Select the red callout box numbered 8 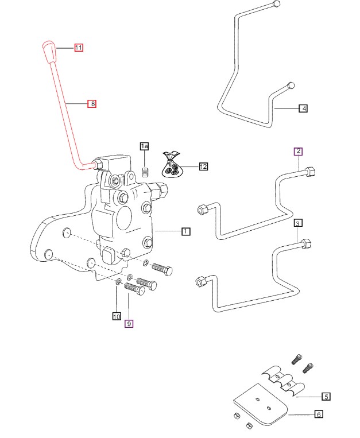click(91, 104)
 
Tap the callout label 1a click(145, 147)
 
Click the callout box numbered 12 click(203, 166)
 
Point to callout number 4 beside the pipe click(303, 107)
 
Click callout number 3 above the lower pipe click(297, 223)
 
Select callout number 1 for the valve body click(185, 231)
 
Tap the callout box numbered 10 click(117, 316)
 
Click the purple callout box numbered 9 click(129, 324)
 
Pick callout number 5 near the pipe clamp click(326, 396)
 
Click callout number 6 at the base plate click(319, 414)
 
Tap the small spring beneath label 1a click(145, 171)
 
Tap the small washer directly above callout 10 click(117, 281)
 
